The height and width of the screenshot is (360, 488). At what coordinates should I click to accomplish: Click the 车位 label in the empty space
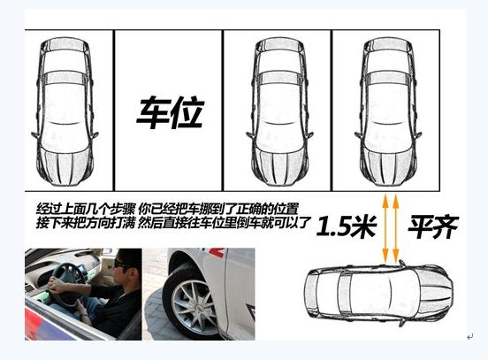[x=171, y=112]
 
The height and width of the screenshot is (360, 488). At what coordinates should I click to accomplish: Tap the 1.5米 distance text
[x=347, y=226]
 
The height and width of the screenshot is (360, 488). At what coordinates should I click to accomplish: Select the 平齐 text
[x=433, y=226]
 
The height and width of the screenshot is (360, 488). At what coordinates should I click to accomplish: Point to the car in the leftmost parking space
[x=65, y=112]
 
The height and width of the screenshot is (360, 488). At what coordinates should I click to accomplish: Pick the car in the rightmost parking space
[x=388, y=112]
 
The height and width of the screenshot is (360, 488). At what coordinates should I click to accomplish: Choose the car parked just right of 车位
[x=279, y=112]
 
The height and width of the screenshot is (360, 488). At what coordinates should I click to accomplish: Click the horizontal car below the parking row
[x=378, y=294]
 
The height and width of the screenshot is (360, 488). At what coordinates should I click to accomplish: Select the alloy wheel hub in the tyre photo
[x=192, y=305]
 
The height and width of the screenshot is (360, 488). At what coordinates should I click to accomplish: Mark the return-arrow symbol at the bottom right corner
[x=470, y=337]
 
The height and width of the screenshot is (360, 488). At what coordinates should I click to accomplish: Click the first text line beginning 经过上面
[x=167, y=208]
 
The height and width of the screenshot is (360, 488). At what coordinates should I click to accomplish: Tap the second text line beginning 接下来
[x=173, y=222]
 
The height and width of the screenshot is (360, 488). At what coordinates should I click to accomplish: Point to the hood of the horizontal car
[x=435, y=293]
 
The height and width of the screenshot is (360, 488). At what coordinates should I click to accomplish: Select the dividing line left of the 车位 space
[x=114, y=111]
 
